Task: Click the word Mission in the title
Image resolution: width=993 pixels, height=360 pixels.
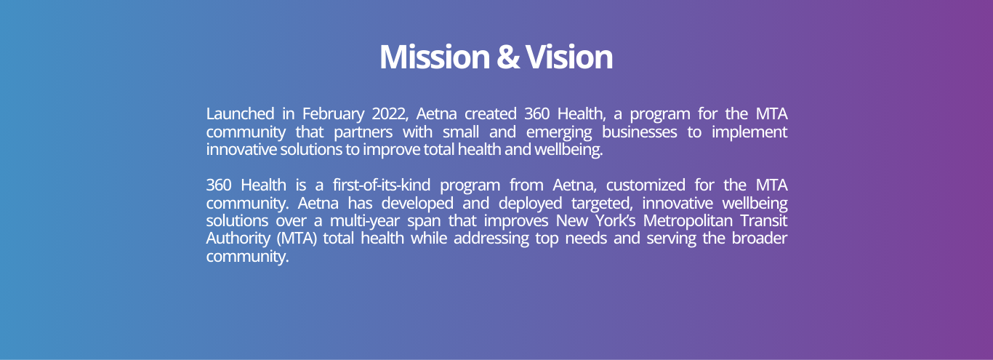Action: (434, 57)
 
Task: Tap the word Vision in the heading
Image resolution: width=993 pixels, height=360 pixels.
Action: (569, 57)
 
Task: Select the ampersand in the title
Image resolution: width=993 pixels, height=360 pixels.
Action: (507, 57)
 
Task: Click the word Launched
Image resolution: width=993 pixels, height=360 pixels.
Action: (240, 114)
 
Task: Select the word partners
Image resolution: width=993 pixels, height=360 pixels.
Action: (363, 132)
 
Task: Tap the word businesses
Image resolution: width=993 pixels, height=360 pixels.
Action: (639, 132)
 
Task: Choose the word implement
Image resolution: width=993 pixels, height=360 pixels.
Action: (749, 132)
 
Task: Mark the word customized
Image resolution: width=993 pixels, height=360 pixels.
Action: (646, 185)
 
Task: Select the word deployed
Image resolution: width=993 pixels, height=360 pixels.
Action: (530, 204)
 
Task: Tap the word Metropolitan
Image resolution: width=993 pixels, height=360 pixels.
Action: (687, 221)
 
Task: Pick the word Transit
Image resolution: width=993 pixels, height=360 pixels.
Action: (764, 220)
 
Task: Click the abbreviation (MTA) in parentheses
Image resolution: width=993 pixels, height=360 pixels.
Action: (297, 239)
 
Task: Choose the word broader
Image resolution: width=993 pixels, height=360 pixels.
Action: (760, 238)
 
